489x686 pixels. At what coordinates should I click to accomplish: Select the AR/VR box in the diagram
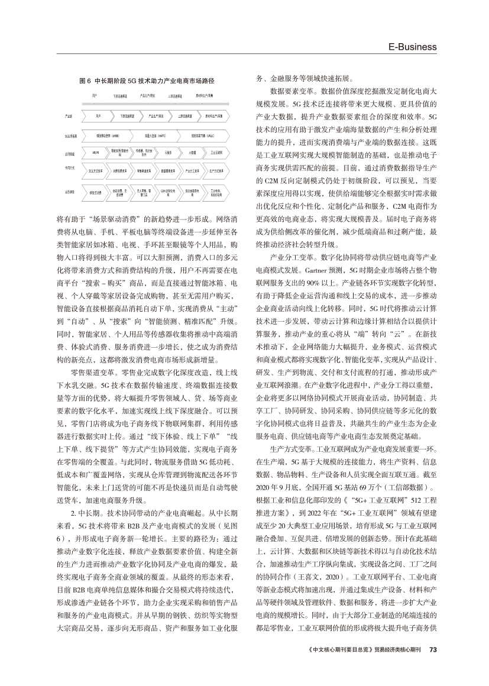point(96,152)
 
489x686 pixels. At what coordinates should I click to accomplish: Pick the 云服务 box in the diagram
point(168,152)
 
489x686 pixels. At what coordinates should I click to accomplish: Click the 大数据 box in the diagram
point(192,152)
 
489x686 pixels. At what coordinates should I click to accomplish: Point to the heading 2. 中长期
point(83,512)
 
